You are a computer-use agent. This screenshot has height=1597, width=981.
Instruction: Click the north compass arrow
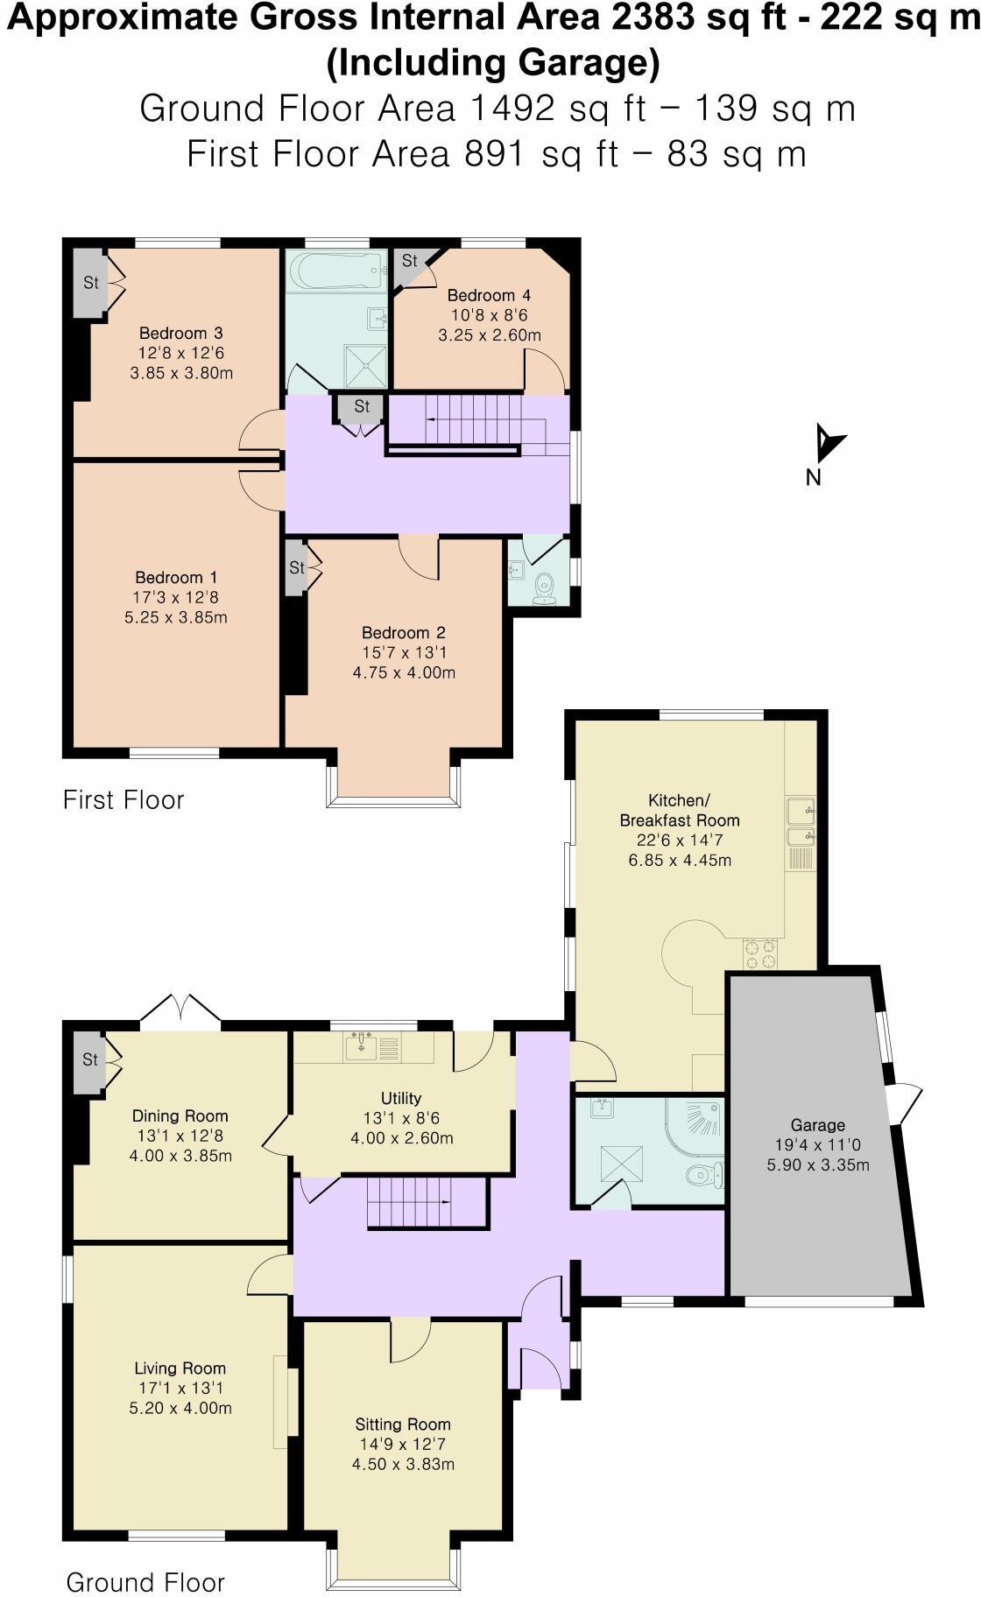[x=828, y=443]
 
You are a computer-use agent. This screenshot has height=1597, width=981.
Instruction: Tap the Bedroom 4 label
[x=489, y=295]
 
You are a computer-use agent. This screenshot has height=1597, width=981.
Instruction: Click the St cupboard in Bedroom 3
[x=89, y=283]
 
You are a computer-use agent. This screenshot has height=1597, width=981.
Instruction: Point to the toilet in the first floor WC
[x=545, y=587]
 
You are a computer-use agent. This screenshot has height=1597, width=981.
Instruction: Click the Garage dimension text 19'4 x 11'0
[x=817, y=1145]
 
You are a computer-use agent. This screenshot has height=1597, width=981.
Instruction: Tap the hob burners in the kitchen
[x=759, y=953]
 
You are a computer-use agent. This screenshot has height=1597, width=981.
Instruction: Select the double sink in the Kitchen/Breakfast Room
[x=801, y=823]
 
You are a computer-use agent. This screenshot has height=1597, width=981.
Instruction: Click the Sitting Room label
[x=403, y=1425]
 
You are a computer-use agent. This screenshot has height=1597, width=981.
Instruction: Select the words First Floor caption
[x=124, y=799]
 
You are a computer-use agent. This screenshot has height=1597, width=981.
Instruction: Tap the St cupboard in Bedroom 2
[x=296, y=568]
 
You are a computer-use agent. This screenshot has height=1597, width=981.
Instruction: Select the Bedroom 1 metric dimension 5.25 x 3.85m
[x=176, y=617]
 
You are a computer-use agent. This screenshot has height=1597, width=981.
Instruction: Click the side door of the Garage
[x=906, y=1105]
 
